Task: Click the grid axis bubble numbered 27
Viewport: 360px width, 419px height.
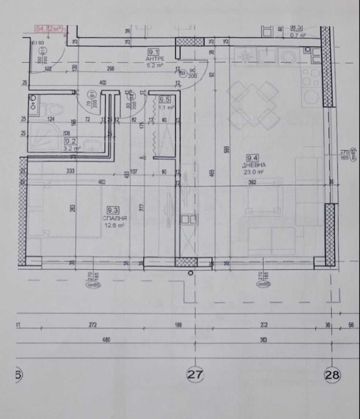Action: (x=196, y=374)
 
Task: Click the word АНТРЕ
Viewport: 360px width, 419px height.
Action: (x=155, y=58)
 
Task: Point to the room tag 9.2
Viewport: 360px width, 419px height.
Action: (x=70, y=141)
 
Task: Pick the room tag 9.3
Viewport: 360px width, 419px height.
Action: (x=112, y=210)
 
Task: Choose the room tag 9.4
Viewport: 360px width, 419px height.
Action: (x=252, y=158)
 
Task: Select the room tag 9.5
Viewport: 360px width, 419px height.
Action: (x=164, y=98)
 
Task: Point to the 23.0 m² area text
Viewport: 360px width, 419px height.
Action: (x=256, y=171)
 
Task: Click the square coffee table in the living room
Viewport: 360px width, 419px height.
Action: (x=264, y=197)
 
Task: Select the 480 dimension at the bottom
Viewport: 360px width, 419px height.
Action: (x=106, y=340)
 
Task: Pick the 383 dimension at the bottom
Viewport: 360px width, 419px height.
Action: (x=264, y=340)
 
